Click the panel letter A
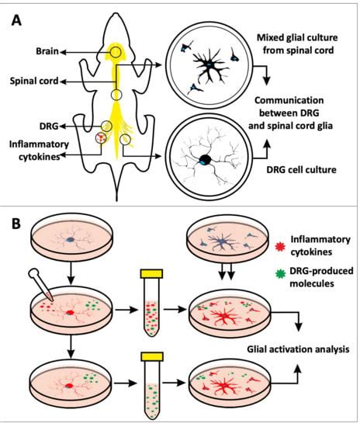(x=16, y=20)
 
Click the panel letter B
(x=16, y=224)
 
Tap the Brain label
(x=47, y=51)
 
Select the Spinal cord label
(x=34, y=81)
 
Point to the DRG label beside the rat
(x=49, y=126)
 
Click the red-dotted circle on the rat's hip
(x=101, y=137)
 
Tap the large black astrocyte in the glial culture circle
(x=209, y=65)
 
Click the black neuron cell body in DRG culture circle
(x=205, y=160)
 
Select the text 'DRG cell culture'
(x=301, y=170)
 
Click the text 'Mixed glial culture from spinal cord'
(x=297, y=43)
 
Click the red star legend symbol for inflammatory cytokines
(x=280, y=246)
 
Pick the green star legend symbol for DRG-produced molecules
(x=280, y=273)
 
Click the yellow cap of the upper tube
(x=151, y=274)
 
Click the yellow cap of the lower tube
(x=152, y=356)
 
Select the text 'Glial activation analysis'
(x=298, y=349)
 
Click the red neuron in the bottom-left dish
(x=69, y=386)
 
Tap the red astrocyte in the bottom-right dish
(x=224, y=386)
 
